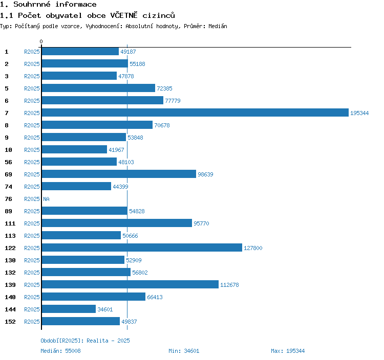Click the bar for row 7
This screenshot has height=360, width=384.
pos(195,112)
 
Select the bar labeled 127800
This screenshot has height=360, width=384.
pos(141,247)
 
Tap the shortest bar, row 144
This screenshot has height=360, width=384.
pos(69,309)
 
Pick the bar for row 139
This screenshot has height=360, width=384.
pos(130,284)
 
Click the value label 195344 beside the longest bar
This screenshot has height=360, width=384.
pos(359,113)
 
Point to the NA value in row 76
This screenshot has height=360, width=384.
pos(46,199)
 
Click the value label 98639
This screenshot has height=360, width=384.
pos(205,174)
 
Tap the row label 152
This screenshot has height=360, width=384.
pos(10,322)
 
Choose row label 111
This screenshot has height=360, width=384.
pos(10,223)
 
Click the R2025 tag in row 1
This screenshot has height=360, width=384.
pos(32,52)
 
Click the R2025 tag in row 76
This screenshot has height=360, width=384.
pos(32,199)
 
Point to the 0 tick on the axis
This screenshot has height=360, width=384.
pos(41,41)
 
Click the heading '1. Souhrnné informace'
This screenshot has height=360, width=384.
pos(48,5)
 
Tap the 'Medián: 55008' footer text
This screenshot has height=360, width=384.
pos(60,351)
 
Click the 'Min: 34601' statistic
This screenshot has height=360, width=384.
pos(184,351)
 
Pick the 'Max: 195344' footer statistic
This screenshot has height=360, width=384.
pos(288,351)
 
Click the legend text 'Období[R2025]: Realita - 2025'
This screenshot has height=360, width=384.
pos(85,341)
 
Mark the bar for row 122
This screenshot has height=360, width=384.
pos(141,247)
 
